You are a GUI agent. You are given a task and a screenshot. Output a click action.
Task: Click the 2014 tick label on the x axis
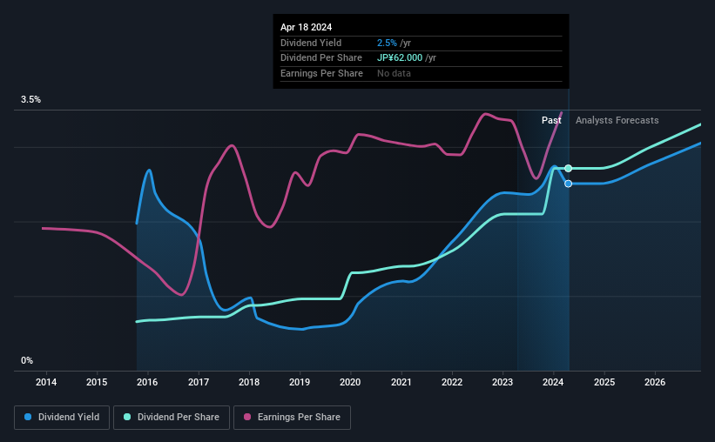pos(46,382)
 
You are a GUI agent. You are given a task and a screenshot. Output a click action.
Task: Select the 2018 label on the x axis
pos(249,382)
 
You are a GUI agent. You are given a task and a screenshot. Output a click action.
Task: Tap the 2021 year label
pos(401,382)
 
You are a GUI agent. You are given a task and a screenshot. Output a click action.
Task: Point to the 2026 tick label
pos(655,382)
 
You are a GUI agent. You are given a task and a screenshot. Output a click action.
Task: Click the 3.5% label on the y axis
pos(31,100)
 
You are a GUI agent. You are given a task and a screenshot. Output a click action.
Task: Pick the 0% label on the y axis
pos(27,360)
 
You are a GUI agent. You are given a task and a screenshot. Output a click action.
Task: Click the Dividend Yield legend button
pos(62,418)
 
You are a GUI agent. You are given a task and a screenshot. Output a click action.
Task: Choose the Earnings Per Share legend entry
pos(292,418)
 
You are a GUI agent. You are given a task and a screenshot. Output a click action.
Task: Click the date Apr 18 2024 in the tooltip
pos(307,27)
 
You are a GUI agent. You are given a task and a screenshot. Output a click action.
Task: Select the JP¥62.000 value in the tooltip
pos(401,57)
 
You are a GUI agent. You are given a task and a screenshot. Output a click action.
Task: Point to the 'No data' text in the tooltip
pos(394,73)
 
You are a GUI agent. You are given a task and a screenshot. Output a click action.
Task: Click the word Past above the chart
pos(551,120)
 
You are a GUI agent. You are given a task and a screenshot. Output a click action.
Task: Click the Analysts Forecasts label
pos(617,120)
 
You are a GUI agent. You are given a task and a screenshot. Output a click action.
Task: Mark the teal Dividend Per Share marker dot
pos(568,168)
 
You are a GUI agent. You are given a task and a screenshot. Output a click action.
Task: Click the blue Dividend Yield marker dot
pos(568,184)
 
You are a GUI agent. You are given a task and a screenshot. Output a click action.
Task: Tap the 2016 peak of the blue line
pos(149,171)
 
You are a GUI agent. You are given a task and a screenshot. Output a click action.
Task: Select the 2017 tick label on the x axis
pos(199,382)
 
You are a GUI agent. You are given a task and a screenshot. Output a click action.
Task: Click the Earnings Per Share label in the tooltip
pos(321,73)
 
